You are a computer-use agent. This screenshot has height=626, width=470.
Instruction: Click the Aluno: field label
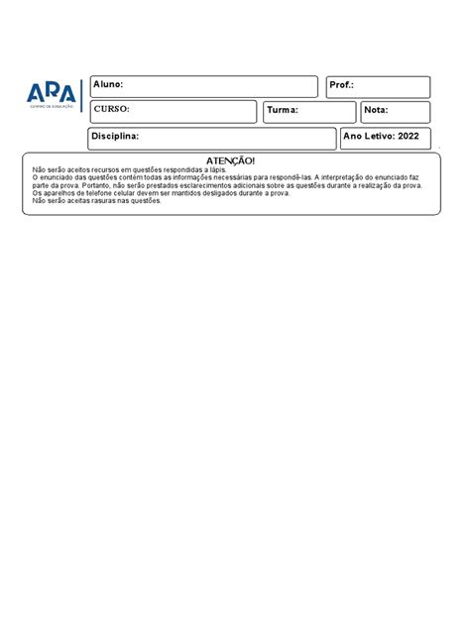[108, 86]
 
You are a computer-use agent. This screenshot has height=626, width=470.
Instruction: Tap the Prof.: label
[341, 86]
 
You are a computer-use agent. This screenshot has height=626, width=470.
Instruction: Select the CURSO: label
[112, 110]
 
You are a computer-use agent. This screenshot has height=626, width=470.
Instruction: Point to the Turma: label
[282, 111]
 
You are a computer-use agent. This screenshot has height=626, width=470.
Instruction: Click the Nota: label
[377, 111]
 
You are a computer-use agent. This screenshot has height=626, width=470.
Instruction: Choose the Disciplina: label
[116, 136]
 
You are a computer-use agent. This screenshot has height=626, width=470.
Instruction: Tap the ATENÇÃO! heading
[230, 160]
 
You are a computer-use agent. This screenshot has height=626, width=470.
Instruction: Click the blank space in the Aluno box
[218, 86]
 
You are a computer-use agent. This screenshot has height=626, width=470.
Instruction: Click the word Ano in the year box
[353, 136]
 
